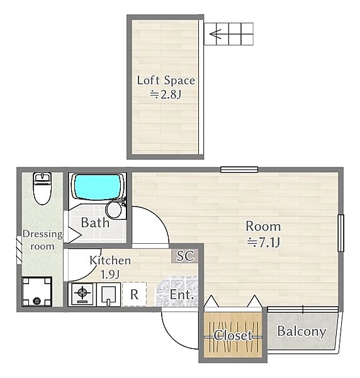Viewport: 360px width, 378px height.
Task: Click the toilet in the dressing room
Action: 42,188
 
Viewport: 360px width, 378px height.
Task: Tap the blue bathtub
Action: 98,187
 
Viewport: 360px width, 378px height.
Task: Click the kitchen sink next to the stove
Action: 109,294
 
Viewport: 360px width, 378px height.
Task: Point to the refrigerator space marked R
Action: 134,294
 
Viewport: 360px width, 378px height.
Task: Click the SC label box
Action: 185,256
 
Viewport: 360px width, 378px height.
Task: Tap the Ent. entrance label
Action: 182,295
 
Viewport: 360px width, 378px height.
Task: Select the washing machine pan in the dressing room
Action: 37,292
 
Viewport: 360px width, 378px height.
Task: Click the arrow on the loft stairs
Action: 215,34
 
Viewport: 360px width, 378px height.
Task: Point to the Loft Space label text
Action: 166,80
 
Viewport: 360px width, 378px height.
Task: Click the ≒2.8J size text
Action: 166,94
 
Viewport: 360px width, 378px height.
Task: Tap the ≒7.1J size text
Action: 264,243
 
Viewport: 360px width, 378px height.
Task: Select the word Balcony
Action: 301,332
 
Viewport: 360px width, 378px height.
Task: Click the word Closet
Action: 233,335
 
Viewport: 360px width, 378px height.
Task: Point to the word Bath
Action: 95,222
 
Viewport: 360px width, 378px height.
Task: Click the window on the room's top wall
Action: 239,169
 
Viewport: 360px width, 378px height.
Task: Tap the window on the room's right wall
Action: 340,233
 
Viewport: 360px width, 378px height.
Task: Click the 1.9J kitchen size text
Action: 110,275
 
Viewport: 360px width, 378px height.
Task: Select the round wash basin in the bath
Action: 114,210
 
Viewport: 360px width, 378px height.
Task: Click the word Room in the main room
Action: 263,226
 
